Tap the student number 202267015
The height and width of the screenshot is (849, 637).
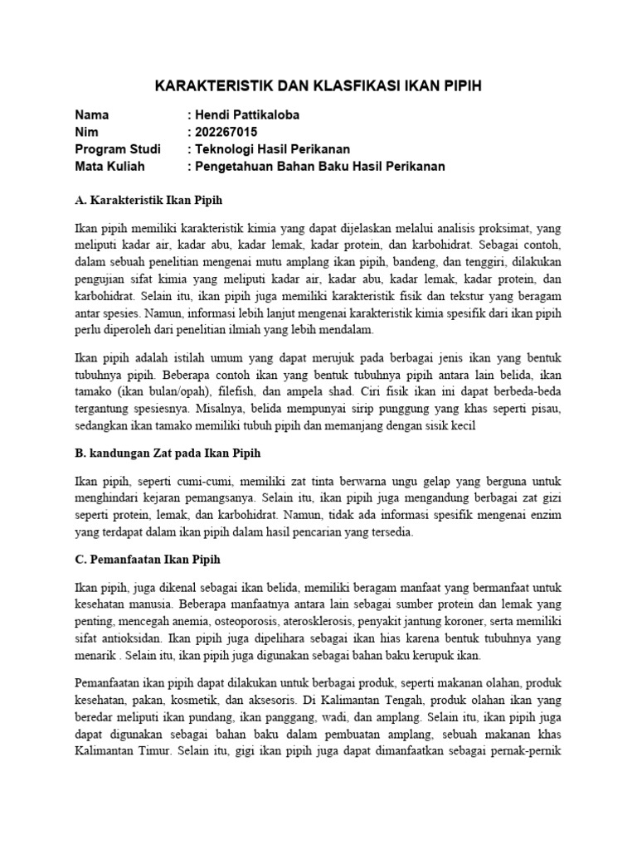[x=226, y=132]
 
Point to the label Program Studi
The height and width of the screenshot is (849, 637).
[x=117, y=149]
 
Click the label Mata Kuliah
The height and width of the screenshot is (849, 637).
[x=109, y=166]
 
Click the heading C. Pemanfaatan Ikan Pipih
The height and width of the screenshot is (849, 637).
[x=147, y=559]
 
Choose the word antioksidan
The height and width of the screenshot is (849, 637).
[x=124, y=639]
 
